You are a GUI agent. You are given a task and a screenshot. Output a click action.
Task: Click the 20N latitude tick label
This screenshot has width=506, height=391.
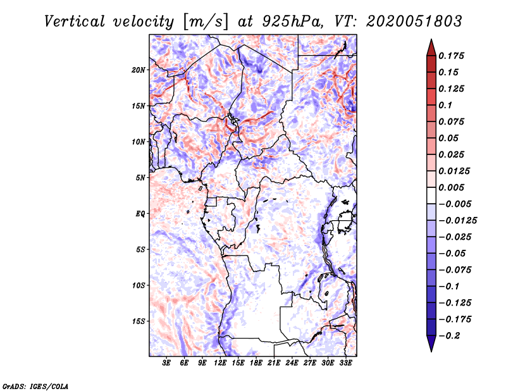tap(139, 70)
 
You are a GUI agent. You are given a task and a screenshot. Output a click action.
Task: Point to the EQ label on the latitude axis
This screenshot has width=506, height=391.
tap(140, 214)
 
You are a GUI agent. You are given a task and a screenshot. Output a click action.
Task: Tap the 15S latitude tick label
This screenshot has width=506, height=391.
tap(139, 321)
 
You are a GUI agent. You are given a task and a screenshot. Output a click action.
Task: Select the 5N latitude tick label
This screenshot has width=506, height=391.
tap(140, 178)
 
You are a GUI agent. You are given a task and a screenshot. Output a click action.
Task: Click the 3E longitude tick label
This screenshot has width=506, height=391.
tap(167, 363)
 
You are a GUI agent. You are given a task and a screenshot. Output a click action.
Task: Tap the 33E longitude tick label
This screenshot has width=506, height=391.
tap(345, 363)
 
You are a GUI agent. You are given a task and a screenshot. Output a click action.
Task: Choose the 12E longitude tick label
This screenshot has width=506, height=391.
tap(221, 363)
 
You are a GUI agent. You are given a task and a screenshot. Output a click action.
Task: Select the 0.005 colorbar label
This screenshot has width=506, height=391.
tap(453, 188)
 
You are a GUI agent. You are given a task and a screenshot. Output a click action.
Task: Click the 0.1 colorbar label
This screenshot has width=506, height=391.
tap(447, 105)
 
